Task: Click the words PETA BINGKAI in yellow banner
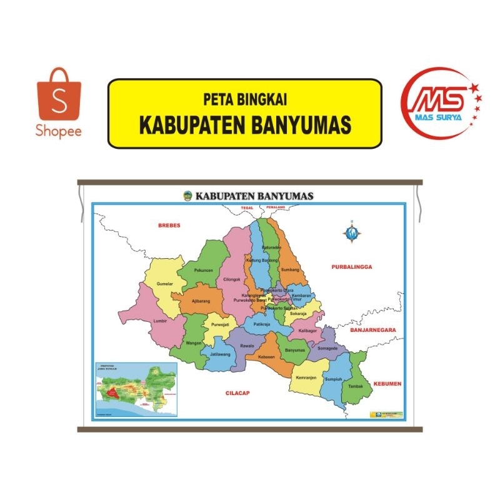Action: [244, 99]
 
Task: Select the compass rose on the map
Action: [351, 232]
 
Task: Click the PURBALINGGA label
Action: [351, 266]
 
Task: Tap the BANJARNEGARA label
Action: [374, 329]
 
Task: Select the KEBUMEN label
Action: [387, 383]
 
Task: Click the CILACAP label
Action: [238, 392]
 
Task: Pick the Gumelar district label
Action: [164, 284]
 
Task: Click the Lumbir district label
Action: [161, 321]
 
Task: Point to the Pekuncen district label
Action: [204, 270]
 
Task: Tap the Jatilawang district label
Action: [221, 354]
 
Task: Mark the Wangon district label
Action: [193, 344]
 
